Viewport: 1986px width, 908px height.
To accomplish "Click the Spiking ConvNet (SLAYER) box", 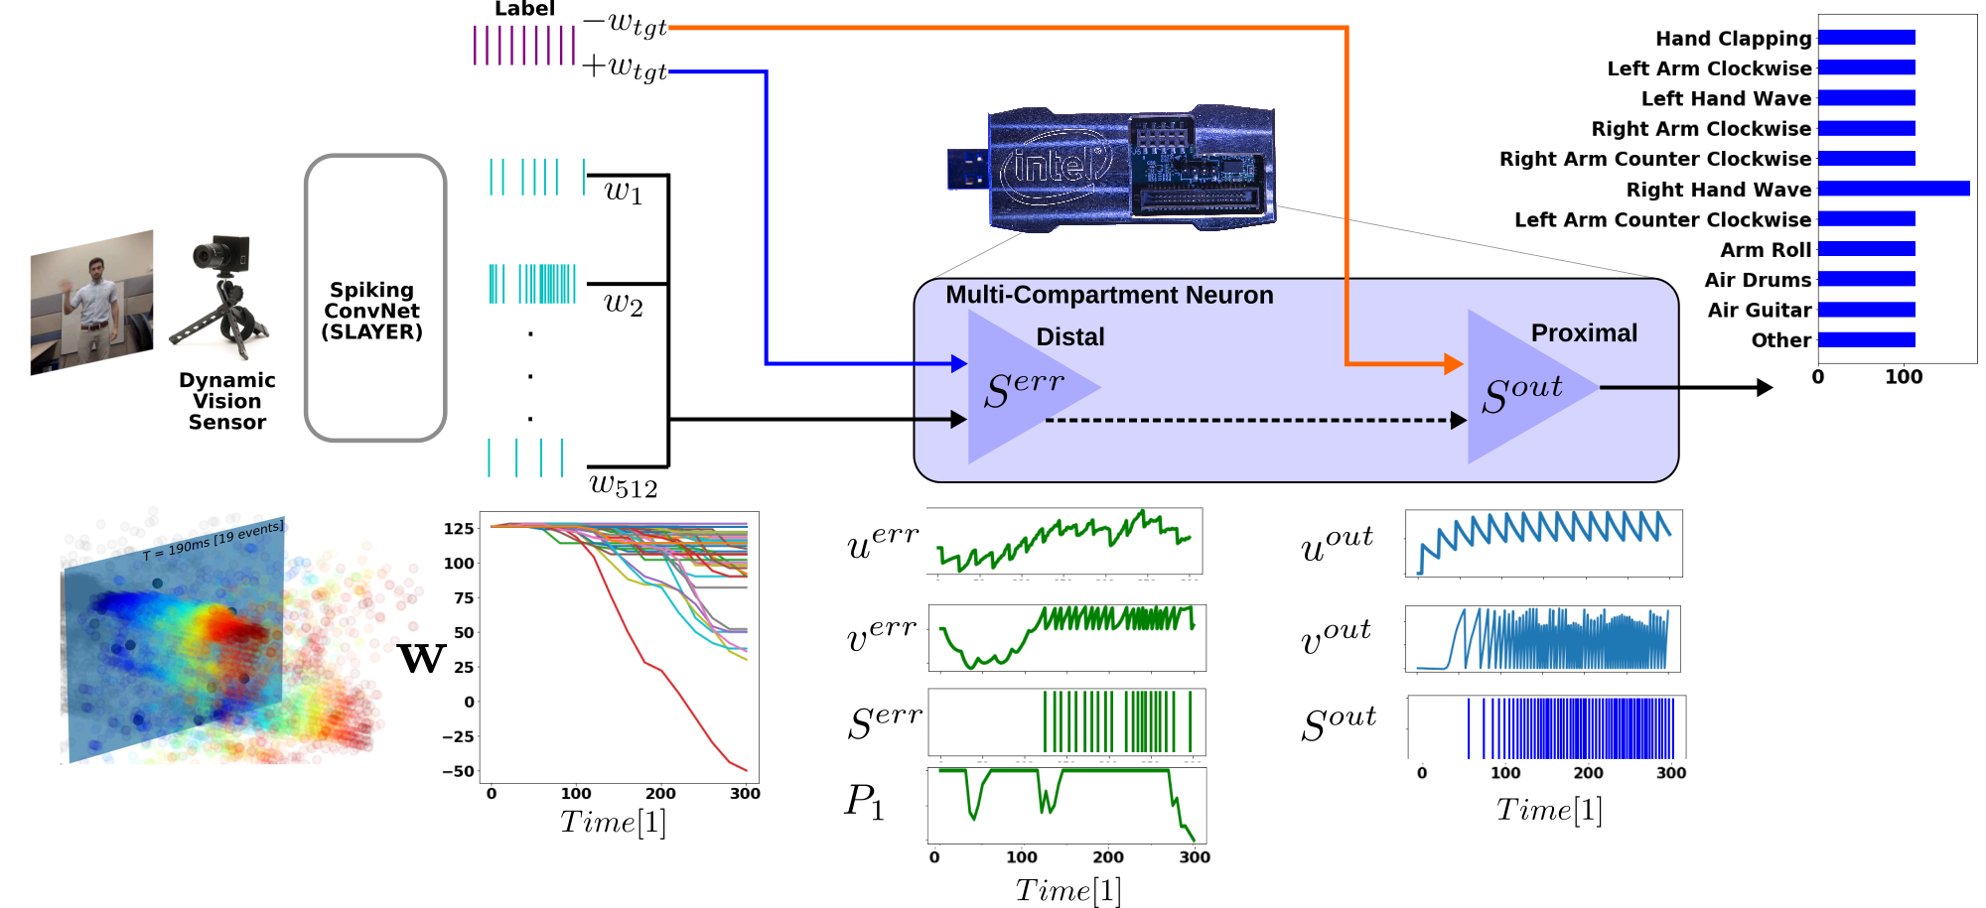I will tap(374, 298).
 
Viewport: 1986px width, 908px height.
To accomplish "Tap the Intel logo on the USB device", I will tap(1055, 165).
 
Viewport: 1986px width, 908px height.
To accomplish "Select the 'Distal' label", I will tap(1069, 337).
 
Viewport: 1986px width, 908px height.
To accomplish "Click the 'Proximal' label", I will tap(1583, 333).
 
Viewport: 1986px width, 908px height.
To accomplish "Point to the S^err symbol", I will tap(1024, 388).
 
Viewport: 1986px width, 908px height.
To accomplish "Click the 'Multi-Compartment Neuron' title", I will tap(1108, 296).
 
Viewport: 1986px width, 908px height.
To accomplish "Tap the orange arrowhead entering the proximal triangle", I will tap(1454, 364).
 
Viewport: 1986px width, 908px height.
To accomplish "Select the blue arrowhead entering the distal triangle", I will tap(958, 363).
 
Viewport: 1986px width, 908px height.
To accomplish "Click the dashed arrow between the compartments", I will tap(1251, 420).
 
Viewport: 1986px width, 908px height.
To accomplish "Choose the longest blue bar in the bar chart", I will tap(1893, 189).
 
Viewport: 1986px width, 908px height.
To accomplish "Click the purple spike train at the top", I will tap(523, 46).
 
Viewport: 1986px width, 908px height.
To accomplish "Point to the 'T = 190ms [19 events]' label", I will tap(214, 540).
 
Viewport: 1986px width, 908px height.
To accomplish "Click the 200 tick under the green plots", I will tap(1107, 857).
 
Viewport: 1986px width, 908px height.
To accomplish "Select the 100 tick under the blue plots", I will tap(1504, 773).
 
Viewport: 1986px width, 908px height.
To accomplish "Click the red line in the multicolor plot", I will tap(675, 685).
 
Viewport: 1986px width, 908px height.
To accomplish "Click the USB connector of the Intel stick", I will tap(966, 169).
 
